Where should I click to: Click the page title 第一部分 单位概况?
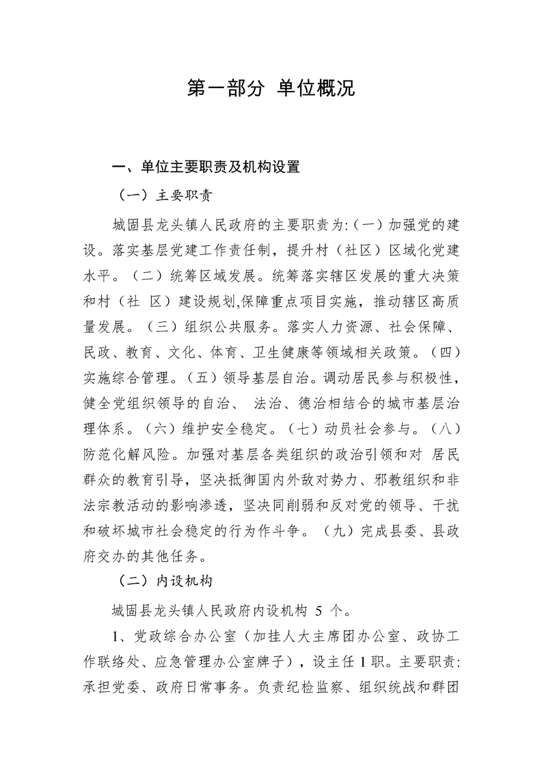[x=271, y=88]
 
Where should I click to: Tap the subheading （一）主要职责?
[x=164, y=196]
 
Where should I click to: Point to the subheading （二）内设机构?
[x=164, y=581]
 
